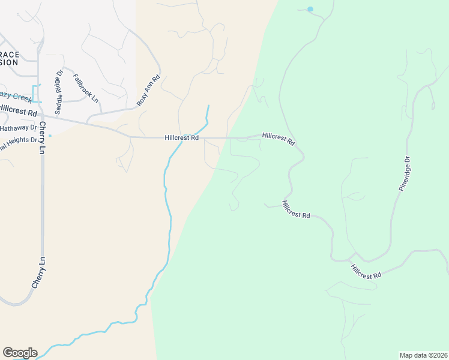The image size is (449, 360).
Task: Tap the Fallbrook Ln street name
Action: (85, 88)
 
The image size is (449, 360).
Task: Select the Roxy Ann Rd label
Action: (148, 91)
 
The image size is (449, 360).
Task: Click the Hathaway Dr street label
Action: (18, 128)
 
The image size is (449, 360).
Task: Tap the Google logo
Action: (20, 353)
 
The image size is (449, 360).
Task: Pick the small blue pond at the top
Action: (310, 10)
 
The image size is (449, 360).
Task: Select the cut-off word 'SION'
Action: (9, 62)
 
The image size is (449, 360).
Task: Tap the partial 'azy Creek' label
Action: (15, 97)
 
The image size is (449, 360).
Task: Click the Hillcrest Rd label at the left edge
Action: (18, 110)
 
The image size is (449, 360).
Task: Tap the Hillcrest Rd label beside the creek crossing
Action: (181, 137)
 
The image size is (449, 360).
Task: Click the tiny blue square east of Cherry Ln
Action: (50, 135)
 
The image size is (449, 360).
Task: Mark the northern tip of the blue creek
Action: (208, 106)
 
